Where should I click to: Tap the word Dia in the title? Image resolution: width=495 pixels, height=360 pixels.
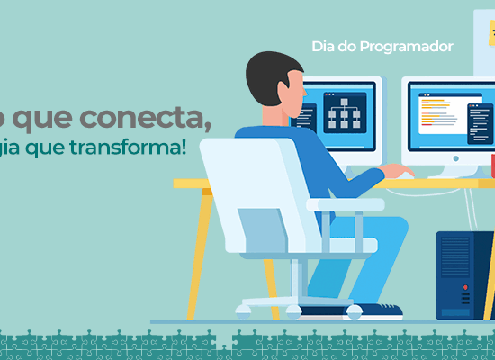[323, 46]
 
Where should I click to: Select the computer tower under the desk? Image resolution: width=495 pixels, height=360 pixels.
[464, 274]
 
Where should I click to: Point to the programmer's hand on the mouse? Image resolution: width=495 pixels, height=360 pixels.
[396, 172]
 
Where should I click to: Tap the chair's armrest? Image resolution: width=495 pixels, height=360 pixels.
[346, 205]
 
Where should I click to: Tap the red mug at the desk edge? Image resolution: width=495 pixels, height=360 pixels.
[492, 166]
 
